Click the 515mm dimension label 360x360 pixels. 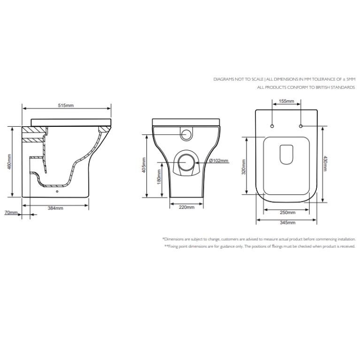[66, 106]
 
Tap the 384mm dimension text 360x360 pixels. [56, 208]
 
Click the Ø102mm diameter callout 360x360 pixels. [218, 161]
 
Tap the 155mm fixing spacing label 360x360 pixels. [286, 101]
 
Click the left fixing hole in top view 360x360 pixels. [272, 126]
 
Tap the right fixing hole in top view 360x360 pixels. [301, 126]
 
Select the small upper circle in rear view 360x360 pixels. [186, 133]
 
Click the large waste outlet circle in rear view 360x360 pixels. [186, 163]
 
